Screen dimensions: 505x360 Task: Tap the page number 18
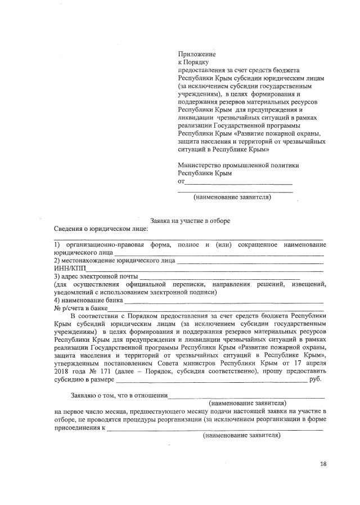[323, 464]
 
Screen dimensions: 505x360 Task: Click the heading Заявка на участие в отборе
[190, 221]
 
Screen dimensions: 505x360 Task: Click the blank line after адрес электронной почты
[219, 279]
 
